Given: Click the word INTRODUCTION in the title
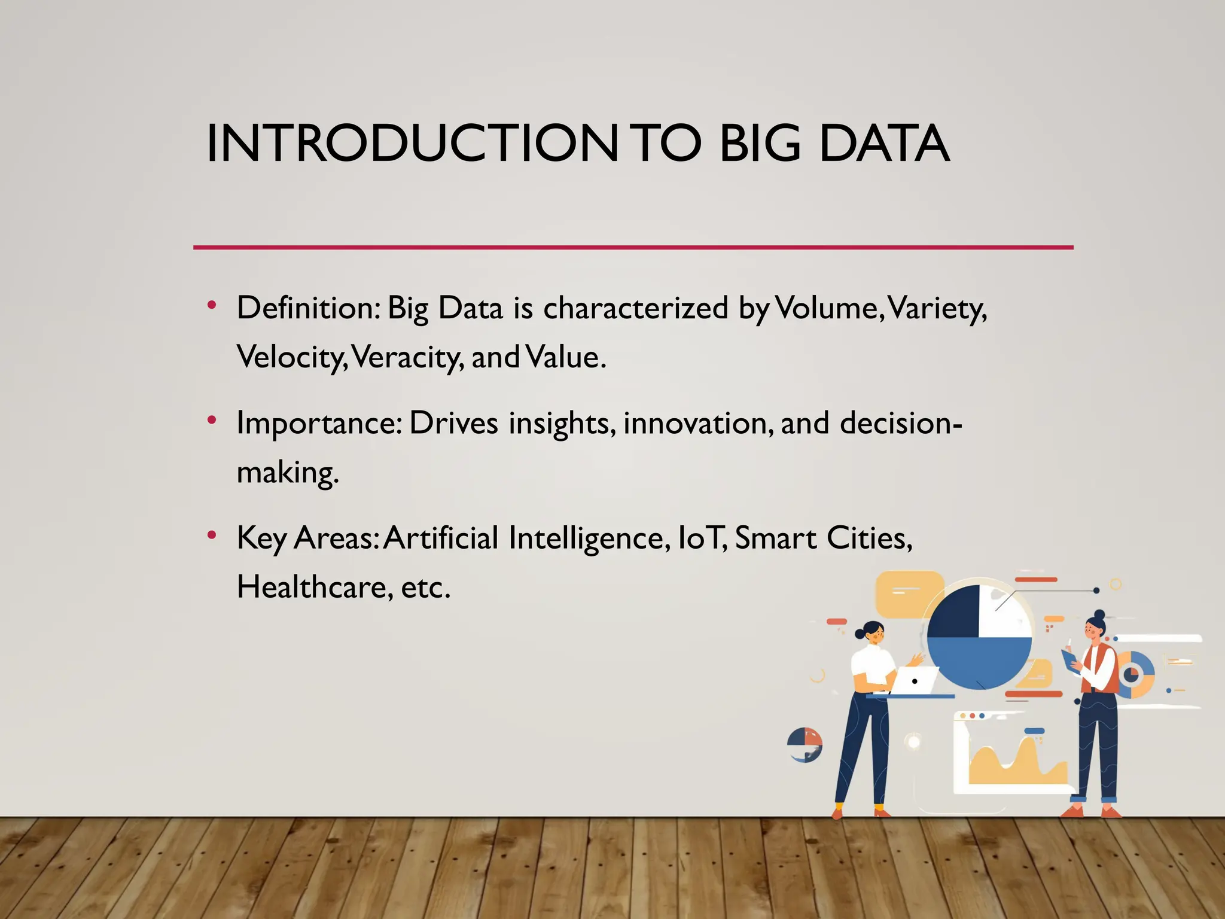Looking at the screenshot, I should pos(412,144).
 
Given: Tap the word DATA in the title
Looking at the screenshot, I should pos(883,144).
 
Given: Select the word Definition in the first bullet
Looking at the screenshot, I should pos(308,308).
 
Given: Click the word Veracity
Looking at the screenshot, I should pos(407,357).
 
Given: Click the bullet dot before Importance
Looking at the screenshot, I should pos(211,420).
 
